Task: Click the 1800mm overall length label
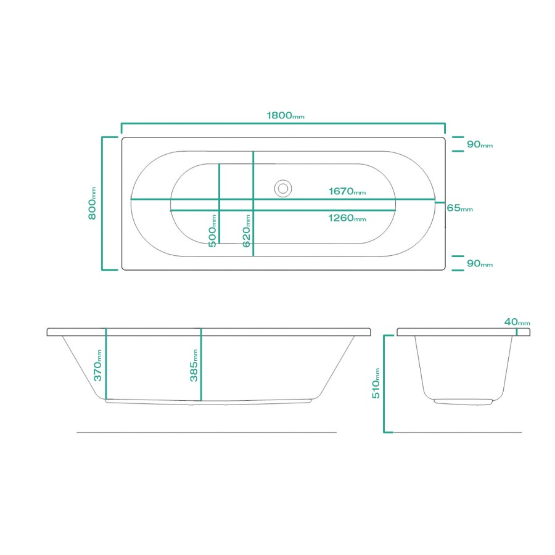[285, 115]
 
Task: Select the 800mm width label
[92, 203]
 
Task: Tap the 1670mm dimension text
[347, 192]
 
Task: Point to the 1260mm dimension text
[347, 218]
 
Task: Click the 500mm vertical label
[212, 231]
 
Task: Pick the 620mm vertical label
[247, 231]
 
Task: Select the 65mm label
[459, 208]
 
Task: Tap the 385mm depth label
[193, 365]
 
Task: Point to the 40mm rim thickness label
[517, 322]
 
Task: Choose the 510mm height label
[376, 382]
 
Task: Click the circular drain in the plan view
[283, 187]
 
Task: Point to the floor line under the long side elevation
[207, 432]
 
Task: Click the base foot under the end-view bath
[463, 401]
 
